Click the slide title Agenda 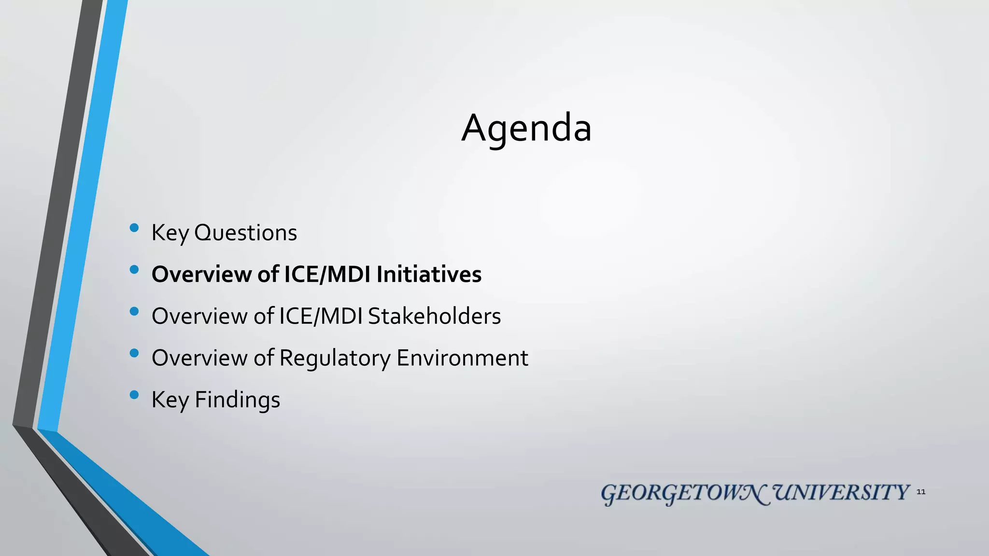(x=526, y=128)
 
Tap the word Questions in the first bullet (x=245, y=233)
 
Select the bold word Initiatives (x=429, y=274)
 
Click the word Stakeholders (x=434, y=316)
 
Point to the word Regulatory (x=335, y=358)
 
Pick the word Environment (x=462, y=358)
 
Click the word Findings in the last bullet (x=237, y=400)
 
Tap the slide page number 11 (x=921, y=492)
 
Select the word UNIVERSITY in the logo (x=841, y=493)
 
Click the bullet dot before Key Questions (x=134, y=228)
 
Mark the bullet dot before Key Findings (x=134, y=395)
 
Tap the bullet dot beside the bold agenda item (x=134, y=269)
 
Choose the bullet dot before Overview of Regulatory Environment (x=134, y=353)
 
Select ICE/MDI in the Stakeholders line (x=321, y=316)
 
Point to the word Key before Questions (x=170, y=233)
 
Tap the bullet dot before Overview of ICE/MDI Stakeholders (x=134, y=311)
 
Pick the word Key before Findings (x=170, y=400)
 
